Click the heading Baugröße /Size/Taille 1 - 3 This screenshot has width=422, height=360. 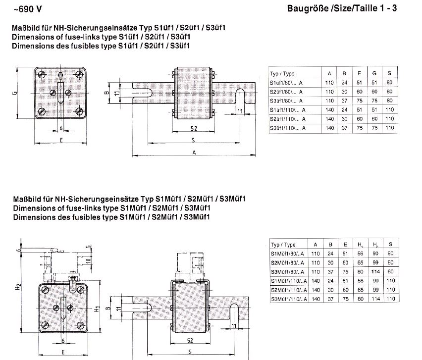tap(341, 8)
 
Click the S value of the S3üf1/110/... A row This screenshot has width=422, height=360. tap(390, 128)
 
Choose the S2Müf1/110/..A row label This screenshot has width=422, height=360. tap(288, 290)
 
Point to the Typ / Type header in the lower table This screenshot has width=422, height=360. tap(284, 245)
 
